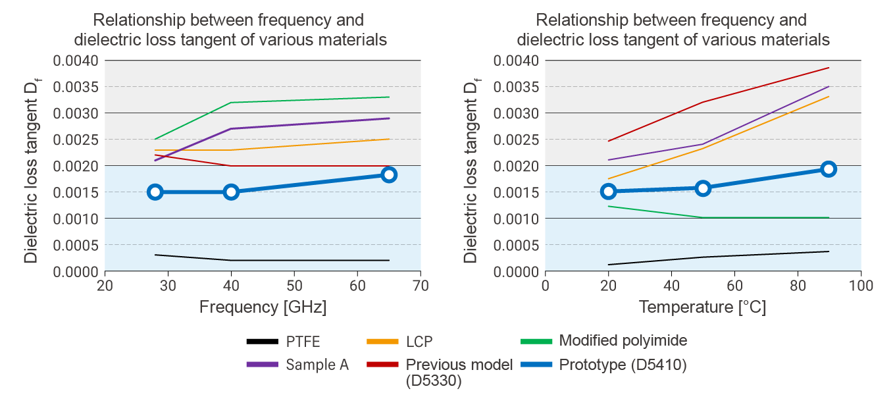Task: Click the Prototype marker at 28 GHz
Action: point(155,192)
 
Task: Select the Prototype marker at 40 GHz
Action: point(231,192)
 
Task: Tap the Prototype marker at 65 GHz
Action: point(389,174)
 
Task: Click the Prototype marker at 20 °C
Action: point(609,192)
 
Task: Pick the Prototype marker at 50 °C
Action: point(703,188)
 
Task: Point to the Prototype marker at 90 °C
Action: point(829,169)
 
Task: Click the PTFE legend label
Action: point(303,342)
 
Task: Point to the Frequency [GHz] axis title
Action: point(263,307)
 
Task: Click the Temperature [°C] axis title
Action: point(703,307)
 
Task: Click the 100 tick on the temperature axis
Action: point(861,286)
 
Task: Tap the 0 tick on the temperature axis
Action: point(545,286)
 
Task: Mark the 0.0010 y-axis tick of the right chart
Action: point(516,219)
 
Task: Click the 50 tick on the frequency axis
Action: point(294,286)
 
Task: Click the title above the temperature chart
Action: point(673,30)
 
